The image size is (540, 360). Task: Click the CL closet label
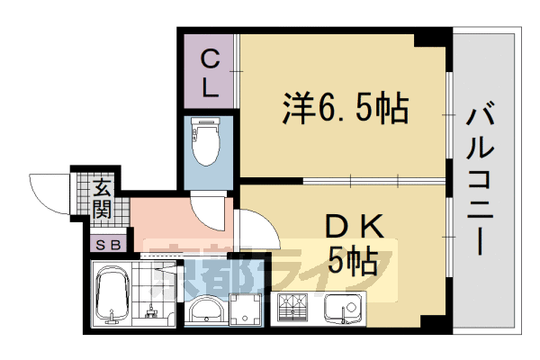point(210,74)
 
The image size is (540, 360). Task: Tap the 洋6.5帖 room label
point(346,108)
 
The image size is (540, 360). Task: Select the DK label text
point(355,226)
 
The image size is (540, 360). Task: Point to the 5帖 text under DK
point(352,260)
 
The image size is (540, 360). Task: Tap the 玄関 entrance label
point(103,199)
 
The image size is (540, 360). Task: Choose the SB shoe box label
point(108,245)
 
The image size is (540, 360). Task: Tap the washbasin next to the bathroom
point(206,309)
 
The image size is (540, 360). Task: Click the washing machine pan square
point(246,309)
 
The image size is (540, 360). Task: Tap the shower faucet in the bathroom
point(150,312)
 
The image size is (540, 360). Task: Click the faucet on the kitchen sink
point(343,314)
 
